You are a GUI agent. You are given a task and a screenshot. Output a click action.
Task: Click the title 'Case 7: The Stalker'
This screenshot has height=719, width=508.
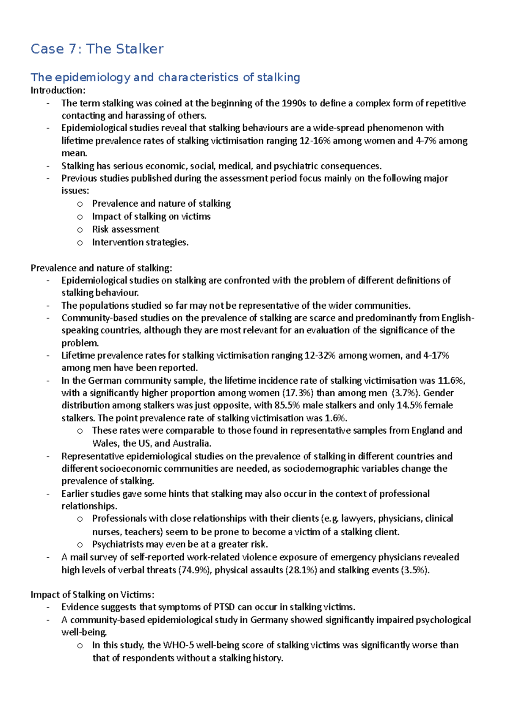click(97, 49)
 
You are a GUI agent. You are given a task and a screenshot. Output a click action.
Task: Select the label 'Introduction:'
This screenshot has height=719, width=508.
click(58, 90)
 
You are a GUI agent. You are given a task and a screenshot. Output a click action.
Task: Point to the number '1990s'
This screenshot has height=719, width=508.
click(293, 103)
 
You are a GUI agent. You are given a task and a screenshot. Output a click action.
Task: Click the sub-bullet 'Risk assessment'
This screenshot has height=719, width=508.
click(126, 230)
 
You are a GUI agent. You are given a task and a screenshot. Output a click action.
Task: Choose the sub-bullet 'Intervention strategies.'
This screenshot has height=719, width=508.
click(140, 242)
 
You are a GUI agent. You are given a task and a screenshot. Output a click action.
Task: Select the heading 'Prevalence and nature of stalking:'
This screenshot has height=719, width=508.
click(101, 268)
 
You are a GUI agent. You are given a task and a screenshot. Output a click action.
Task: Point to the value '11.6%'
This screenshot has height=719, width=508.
click(450, 381)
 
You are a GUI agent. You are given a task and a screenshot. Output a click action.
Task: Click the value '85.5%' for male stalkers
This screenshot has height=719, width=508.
click(287, 405)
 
